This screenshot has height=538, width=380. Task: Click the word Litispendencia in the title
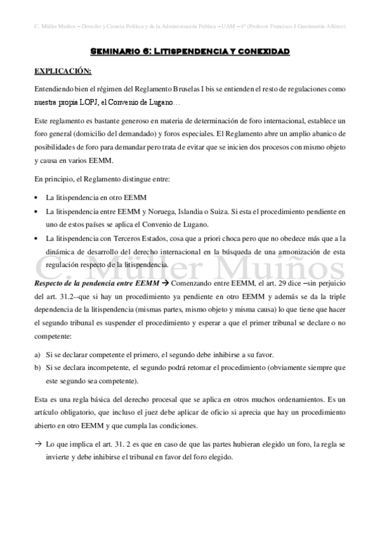pyautogui.click(x=193, y=51)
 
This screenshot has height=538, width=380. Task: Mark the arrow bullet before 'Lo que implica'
pyautogui.click(x=39, y=445)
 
